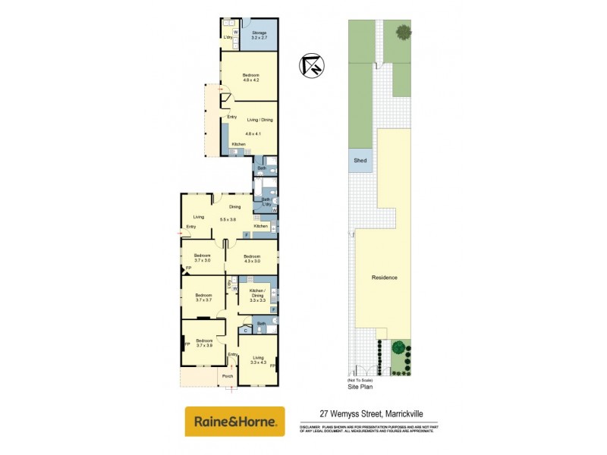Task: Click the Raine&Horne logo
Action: pos(235,421)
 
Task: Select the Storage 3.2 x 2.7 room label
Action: pos(259,35)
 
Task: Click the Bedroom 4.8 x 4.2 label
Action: pos(250,77)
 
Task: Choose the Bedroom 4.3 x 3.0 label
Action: pos(252,259)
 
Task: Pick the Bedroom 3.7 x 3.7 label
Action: pos(203,297)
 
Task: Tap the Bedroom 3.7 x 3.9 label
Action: pos(203,343)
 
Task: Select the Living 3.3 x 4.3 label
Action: pos(258,359)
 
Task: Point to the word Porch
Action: pos(227,375)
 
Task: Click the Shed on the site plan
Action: pos(360,160)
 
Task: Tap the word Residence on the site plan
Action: pos(385,278)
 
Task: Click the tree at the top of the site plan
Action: pos(403,32)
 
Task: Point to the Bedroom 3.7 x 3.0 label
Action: pos(202,258)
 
